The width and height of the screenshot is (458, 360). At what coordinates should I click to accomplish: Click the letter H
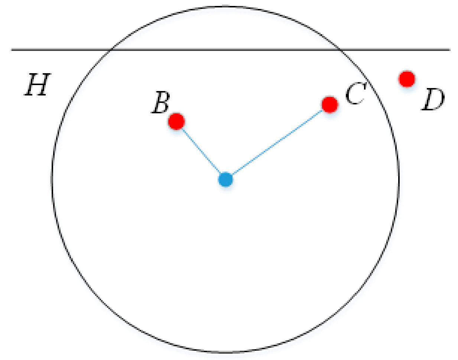37,85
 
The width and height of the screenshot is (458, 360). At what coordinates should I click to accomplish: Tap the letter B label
161,103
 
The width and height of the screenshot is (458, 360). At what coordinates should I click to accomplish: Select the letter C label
355,94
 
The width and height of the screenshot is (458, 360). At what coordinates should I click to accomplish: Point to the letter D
433,100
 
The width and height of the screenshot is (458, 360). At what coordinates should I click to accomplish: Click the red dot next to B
176,121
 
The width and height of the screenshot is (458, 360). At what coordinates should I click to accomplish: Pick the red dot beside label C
329,104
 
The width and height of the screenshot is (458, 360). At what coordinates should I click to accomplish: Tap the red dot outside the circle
407,79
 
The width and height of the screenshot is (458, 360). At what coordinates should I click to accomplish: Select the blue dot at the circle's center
225,179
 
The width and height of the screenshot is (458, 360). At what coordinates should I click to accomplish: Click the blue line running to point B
201,150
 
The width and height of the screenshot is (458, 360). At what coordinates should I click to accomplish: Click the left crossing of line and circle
110,49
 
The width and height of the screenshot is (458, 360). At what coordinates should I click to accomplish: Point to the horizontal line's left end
12,49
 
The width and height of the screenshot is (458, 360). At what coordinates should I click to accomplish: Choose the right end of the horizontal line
449,49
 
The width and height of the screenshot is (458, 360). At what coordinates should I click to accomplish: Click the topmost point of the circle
225,6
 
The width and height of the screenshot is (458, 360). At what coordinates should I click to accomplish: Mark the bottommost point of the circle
225,352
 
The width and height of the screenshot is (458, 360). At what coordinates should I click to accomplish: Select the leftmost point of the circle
52,179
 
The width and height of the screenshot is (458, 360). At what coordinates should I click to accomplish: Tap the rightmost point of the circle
399,179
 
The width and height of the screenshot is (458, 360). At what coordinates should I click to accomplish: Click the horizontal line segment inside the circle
225,49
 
